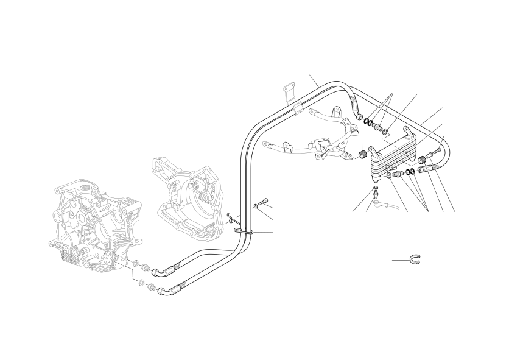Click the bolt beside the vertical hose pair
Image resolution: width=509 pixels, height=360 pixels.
pos(262,202)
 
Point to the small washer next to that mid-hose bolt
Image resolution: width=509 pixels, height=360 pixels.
pos(256,207)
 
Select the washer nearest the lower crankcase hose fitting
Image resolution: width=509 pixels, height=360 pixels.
pos(141,283)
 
